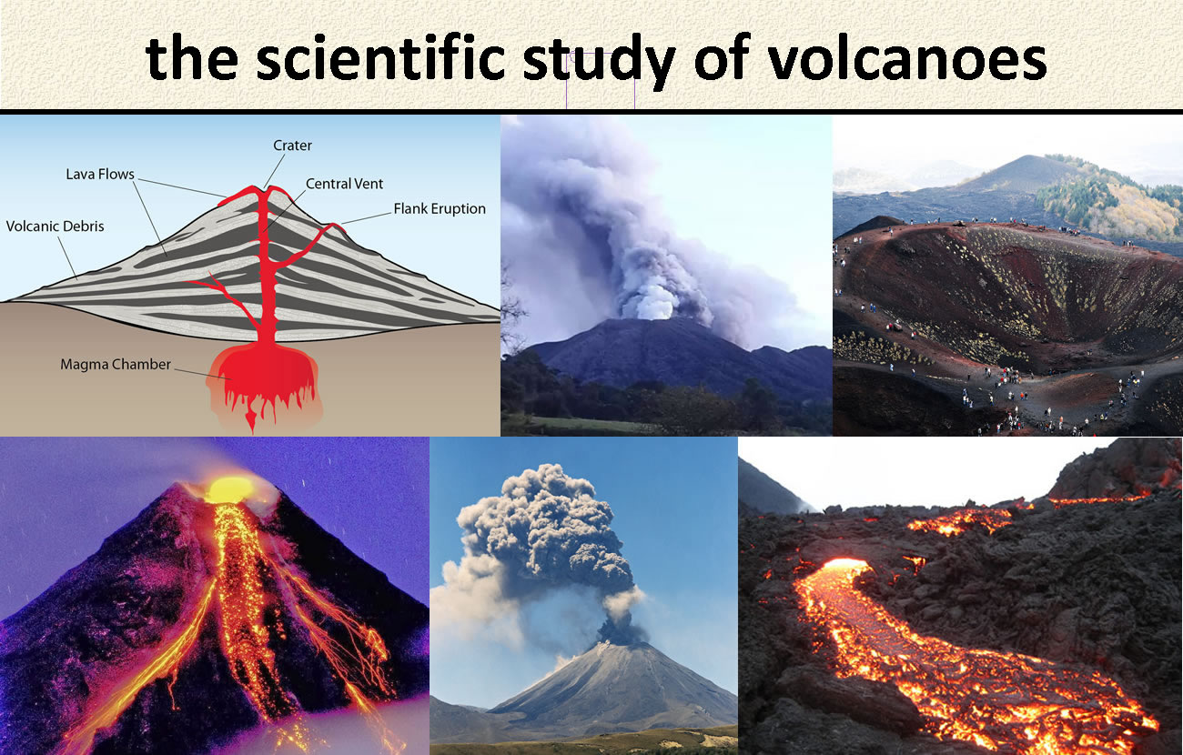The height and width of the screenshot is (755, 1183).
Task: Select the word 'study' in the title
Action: coord(600,61)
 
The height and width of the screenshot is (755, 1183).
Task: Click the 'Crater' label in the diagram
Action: coord(292,146)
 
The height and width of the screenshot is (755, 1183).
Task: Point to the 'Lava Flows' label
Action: coord(100,175)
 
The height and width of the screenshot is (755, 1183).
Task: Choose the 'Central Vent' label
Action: coord(344,184)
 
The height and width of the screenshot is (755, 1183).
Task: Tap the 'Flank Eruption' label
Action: coord(440,209)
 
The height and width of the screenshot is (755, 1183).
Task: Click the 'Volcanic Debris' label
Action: coord(55,226)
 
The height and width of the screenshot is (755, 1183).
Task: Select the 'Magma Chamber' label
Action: coord(116,364)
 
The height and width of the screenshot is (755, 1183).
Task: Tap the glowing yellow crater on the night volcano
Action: coord(230,489)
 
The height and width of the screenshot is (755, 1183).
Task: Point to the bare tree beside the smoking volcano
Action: coord(511,311)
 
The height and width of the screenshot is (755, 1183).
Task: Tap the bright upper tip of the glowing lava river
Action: coord(845,564)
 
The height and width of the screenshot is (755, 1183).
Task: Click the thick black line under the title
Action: coord(591,111)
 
